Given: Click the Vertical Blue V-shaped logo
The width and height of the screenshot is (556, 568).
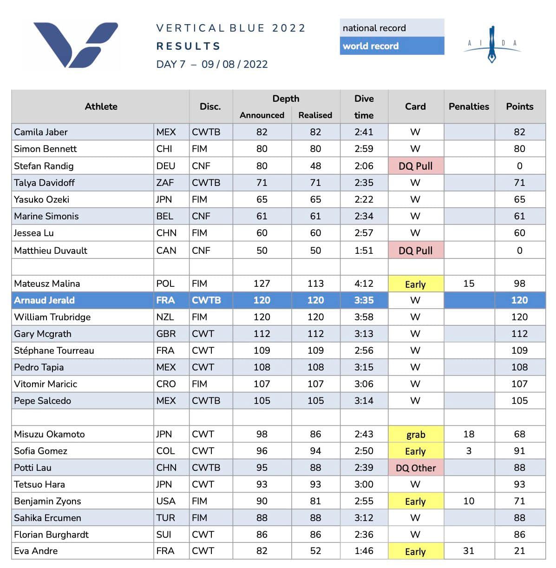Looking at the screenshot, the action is pyautogui.click(x=75, y=44).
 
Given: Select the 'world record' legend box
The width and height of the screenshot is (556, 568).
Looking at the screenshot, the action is pyautogui.click(x=392, y=46).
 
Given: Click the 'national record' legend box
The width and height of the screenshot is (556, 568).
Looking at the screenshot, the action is pyautogui.click(x=392, y=28).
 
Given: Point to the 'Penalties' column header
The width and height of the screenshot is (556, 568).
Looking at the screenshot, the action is pyautogui.click(x=469, y=106).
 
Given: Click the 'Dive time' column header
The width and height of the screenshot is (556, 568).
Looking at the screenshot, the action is pyautogui.click(x=364, y=107).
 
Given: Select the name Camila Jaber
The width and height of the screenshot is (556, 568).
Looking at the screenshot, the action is pyautogui.click(x=41, y=132).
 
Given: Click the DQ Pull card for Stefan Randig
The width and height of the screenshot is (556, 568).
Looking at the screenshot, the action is pyautogui.click(x=415, y=166).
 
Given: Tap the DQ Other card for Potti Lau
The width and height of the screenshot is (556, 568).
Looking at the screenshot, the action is pyautogui.click(x=415, y=468).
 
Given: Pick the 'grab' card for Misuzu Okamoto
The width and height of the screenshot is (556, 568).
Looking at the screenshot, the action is pyautogui.click(x=415, y=435).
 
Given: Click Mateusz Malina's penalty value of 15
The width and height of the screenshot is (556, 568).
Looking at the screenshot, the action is pyautogui.click(x=469, y=284).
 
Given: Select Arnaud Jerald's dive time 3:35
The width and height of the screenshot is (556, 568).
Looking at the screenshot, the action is pyautogui.click(x=364, y=300).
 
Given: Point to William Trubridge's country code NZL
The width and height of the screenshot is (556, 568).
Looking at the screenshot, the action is pyautogui.click(x=165, y=317).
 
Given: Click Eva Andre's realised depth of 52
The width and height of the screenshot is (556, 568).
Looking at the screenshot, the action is pyautogui.click(x=315, y=551).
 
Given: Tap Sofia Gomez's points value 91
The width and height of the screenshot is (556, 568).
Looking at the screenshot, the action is pyautogui.click(x=519, y=451).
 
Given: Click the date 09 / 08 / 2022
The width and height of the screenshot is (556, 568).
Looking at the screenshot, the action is pyautogui.click(x=235, y=64).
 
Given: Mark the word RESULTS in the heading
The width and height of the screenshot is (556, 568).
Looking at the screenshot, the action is pyautogui.click(x=188, y=46).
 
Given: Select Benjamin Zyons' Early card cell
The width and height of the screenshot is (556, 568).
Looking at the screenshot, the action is pyautogui.click(x=415, y=502).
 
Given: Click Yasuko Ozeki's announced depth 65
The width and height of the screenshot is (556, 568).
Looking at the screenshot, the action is pyautogui.click(x=262, y=199).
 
